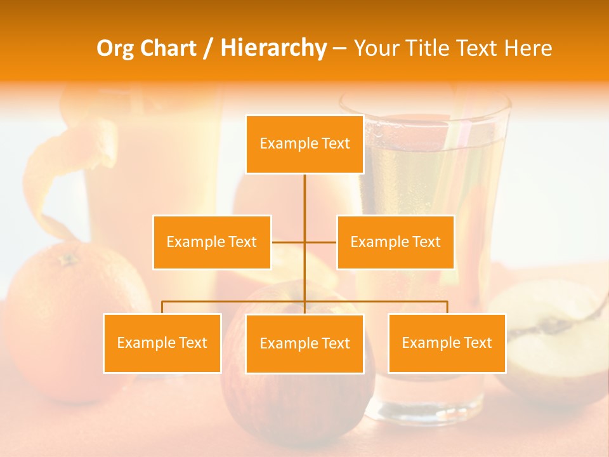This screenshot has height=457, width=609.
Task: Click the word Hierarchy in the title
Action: point(273,48)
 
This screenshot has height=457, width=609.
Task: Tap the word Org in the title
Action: point(119,48)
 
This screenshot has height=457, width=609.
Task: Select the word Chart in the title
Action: point(170,48)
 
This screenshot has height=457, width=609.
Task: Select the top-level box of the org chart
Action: point(304,144)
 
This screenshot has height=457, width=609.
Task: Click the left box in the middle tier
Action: point(212,242)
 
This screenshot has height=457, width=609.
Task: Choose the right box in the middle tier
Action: point(395,242)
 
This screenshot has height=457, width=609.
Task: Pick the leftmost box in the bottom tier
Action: point(162,343)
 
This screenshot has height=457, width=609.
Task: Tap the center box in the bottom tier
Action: point(304,343)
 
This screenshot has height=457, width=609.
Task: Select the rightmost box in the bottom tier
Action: point(447,343)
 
